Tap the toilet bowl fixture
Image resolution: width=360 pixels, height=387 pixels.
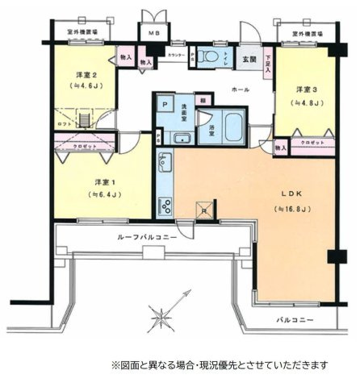point(209,56)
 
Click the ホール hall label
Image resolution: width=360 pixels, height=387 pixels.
point(241,89)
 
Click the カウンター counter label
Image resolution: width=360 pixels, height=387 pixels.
point(175,54)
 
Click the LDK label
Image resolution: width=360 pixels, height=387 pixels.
point(291,193)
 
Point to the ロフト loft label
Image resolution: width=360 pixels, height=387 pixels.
point(64,125)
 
